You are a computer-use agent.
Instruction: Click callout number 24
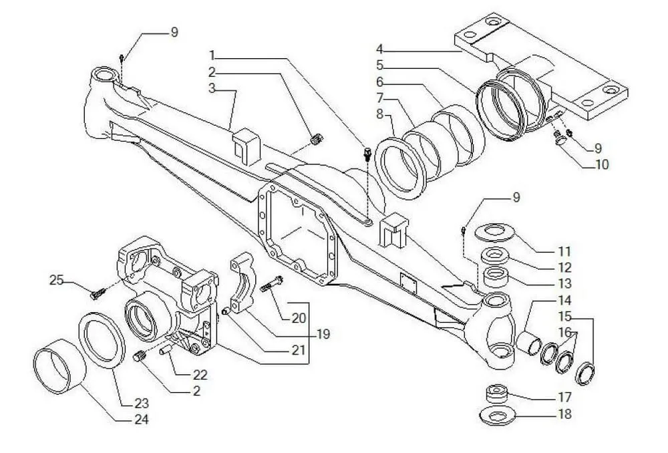(142, 420)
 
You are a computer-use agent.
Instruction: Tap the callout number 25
(57, 280)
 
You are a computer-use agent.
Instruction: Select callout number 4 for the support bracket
(379, 49)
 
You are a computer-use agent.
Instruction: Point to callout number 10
(602, 164)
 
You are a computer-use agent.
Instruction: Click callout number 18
(564, 414)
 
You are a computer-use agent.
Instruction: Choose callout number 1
(212, 55)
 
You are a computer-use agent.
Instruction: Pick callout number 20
(299, 318)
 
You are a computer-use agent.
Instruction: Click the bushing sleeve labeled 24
(60, 366)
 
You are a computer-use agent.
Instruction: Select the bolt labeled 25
(98, 293)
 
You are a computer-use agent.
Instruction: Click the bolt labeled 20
(272, 283)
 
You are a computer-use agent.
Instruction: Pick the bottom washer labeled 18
(497, 416)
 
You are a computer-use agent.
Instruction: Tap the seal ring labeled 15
(585, 373)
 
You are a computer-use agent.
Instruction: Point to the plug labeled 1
(367, 154)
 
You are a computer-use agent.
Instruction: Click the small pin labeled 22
(165, 350)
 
